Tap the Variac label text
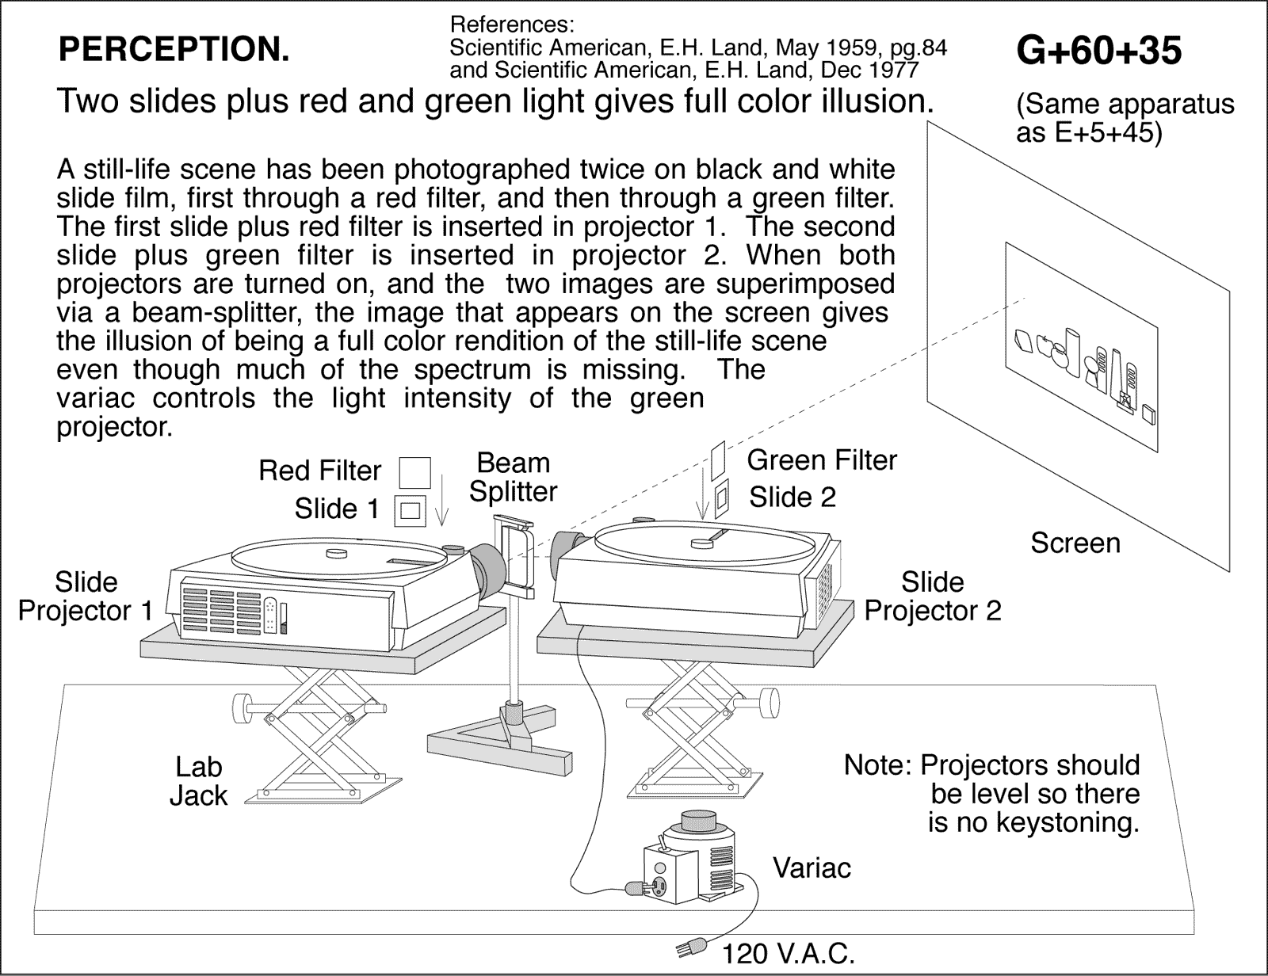pyautogui.click(x=812, y=868)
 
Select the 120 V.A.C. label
pyautogui.click(x=788, y=954)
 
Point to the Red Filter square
pyautogui.click(x=414, y=472)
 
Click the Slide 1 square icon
pyautogui.click(x=410, y=510)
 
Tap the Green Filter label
pyautogui.click(x=822, y=460)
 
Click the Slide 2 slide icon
pyautogui.click(x=721, y=498)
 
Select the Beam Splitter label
pyautogui.click(x=513, y=477)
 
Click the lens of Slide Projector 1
pyautogui.click(x=489, y=569)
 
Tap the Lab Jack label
pyautogui.click(x=199, y=781)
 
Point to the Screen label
pyautogui.click(x=1075, y=543)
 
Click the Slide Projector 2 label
pyautogui.click(x=932, y=597)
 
